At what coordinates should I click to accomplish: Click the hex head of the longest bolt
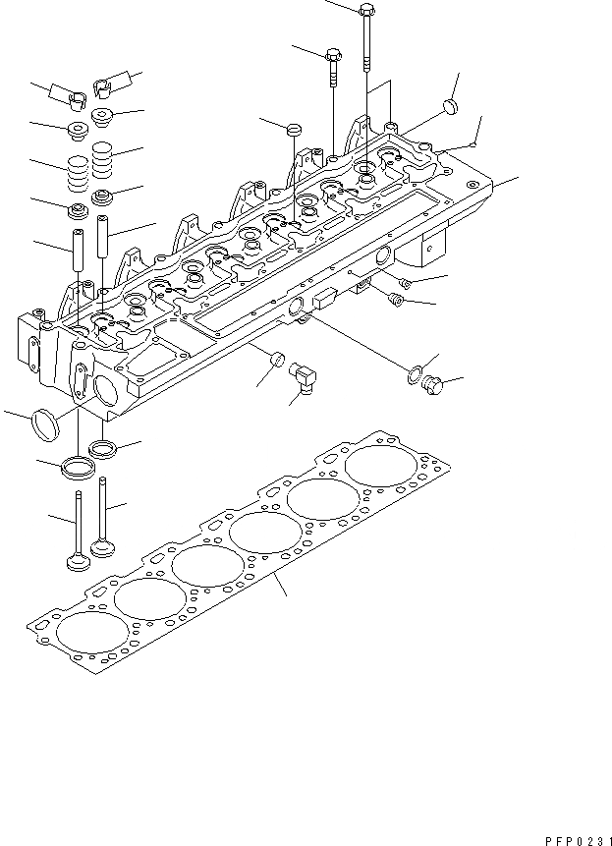[365, 13]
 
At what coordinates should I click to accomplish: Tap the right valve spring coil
[103, 160]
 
